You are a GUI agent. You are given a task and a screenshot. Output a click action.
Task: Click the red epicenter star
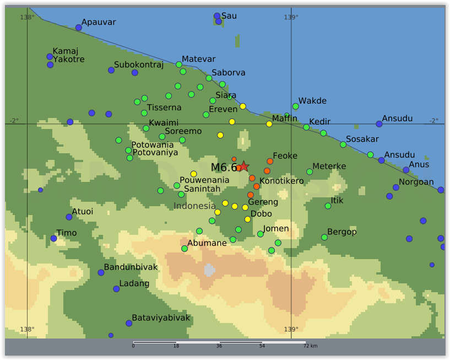coord(243,166)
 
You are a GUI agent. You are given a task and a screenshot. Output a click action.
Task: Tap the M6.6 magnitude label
coord(224,168)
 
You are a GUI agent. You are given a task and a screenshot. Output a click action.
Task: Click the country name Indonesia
coord(194,206)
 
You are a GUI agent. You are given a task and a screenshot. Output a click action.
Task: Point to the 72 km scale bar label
coord(310,346)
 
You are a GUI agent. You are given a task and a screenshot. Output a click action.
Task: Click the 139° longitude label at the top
coord(291,17)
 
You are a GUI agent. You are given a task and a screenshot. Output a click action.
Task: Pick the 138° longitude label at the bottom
coord(27,330)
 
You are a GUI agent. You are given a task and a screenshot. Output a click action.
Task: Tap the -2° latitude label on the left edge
coord(14,121)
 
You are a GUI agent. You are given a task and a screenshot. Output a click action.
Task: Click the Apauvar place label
coord(99,23)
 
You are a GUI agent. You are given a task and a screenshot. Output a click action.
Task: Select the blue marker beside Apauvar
coord(79,28)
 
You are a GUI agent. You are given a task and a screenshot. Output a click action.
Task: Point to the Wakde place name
coord(312,101)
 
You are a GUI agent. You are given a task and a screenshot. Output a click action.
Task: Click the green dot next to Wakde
coord(295,106)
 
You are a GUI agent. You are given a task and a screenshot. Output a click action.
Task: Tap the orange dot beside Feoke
coord(270,162)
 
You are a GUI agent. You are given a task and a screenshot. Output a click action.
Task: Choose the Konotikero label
coord(281,181)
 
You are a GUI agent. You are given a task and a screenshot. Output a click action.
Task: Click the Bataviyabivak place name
coord(161,318)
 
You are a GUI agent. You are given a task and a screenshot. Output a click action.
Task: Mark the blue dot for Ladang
coord(116,289)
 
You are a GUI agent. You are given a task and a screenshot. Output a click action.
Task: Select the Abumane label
coord(207,243)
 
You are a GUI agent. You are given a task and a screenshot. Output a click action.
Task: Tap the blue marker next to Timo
coord(53,239)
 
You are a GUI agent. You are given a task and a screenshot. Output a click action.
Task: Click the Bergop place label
coord(342,232)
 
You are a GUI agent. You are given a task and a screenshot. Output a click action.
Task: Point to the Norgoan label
coord(416,182)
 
